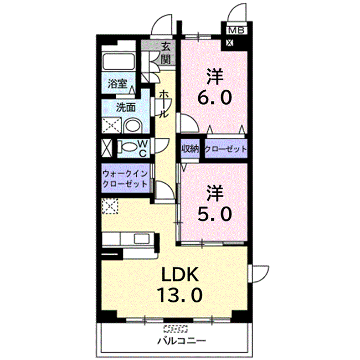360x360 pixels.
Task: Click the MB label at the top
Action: [236, 30]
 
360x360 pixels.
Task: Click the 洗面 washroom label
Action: [125, 107]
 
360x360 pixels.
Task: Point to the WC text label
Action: [142, 147]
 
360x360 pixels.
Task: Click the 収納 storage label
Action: [190, 149]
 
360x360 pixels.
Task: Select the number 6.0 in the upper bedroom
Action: [215, 97]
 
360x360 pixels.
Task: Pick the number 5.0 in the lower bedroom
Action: [215, 213]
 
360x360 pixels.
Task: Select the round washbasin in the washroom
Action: [131, 126]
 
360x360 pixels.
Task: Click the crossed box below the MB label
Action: [229, 41]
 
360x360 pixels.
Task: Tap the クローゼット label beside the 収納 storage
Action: [225, 149]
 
